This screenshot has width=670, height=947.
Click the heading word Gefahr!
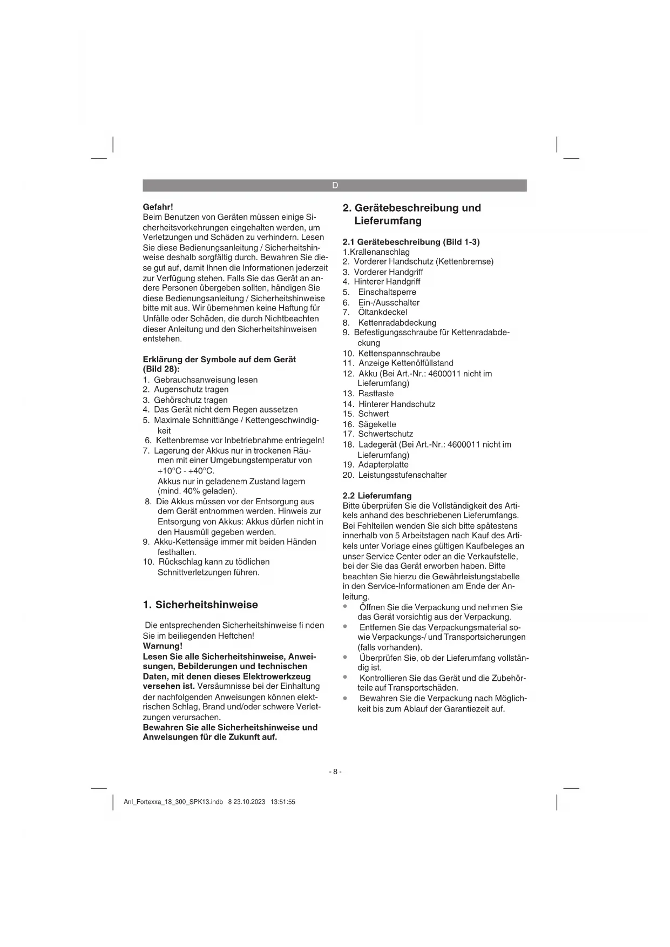click(x=158, y=207)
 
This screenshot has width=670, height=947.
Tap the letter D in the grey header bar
click(x=335, y=186)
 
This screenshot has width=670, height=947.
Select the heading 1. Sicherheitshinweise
click(x=200, y=605)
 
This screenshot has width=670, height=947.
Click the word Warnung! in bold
click(x=163, y=646)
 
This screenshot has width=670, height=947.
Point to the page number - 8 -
click(x=335, y=772)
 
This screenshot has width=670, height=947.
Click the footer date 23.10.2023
click(x=249, y=802)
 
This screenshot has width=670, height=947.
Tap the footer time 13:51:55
click(x=283, y=802)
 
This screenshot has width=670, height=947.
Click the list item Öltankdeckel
click(x=383, y=312)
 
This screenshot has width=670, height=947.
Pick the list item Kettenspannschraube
click(x=399, y=354)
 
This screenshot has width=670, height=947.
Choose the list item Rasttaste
click(x=376, y=394)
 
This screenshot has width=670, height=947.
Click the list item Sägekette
click(x=377, y=424)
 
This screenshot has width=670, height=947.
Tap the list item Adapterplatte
click(x=383, y=464)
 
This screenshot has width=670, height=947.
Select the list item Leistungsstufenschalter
click(x=402, y=475)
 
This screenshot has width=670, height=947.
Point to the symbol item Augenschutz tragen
click(x=191, y=389)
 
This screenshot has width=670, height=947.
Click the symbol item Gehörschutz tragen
click(x=191, y=400)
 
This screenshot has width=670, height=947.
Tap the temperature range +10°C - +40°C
click(x=186, y=471)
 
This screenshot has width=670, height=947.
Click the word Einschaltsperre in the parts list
click(x=387, y=292)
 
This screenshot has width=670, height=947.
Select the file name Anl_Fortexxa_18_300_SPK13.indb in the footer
click(x=173, y=802)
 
